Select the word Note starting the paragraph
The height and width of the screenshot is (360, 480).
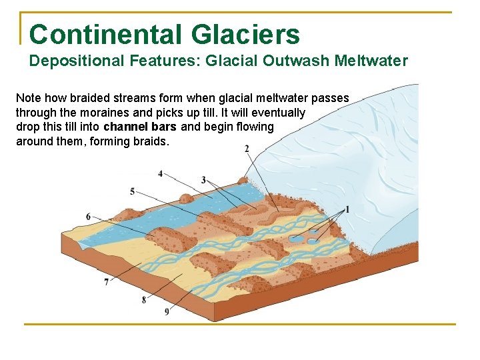coord(29,98)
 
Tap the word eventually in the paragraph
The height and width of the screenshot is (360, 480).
coord(278,113)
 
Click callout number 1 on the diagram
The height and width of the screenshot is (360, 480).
coord(347,210)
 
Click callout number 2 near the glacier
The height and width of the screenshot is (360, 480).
coord(247,148)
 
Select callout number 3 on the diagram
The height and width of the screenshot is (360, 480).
coord(203,180)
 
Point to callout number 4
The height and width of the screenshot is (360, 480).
coord(160,173)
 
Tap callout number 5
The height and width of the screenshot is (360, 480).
coord(132,192)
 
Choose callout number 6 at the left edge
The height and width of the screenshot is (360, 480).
coord(89,217)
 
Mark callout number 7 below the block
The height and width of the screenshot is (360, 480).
coord(107,283)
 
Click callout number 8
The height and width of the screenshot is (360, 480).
coord(143,300)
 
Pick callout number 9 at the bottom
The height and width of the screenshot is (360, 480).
coord(166,311)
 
